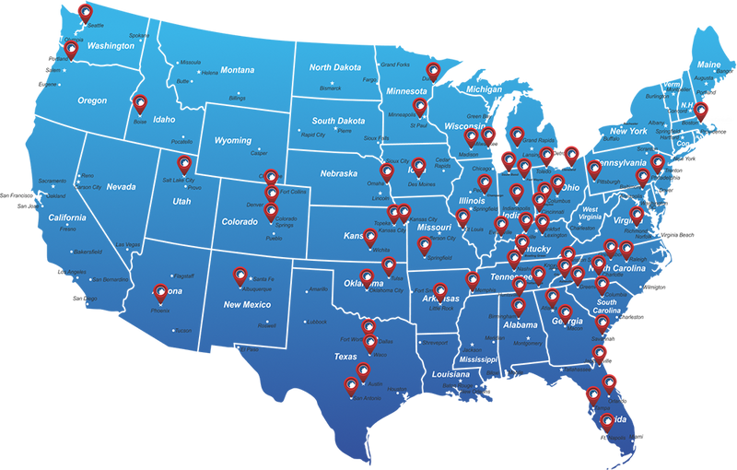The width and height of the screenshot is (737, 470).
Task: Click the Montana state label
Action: pos(237,70)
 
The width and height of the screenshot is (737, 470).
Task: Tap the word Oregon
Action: pos(92,100)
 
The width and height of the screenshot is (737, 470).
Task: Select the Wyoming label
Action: pos(233,141)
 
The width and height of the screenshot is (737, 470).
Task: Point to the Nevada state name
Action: pos(121,187)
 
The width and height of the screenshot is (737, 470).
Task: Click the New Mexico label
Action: pos(247,304)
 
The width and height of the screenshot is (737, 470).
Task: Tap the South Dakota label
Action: pos(338,121)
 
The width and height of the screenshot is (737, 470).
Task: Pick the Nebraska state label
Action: pos(338,173)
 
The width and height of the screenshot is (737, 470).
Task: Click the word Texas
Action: pos(345,357)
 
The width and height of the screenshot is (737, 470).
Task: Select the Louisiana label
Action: pos(451,375)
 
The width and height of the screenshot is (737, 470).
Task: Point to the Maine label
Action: pos(709,65)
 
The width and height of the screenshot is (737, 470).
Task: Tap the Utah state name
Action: pos(181,201)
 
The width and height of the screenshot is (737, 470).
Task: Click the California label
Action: pos(67,217)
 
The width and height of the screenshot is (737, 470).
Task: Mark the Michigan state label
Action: pos(484,89)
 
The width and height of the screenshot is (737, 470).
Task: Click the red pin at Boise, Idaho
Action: pos(140,103)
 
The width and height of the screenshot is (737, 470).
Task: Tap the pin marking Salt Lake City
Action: pos(184,164)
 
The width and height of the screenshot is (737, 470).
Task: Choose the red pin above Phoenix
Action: pos(161,292)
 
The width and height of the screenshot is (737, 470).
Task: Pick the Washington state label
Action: pos(111,46)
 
